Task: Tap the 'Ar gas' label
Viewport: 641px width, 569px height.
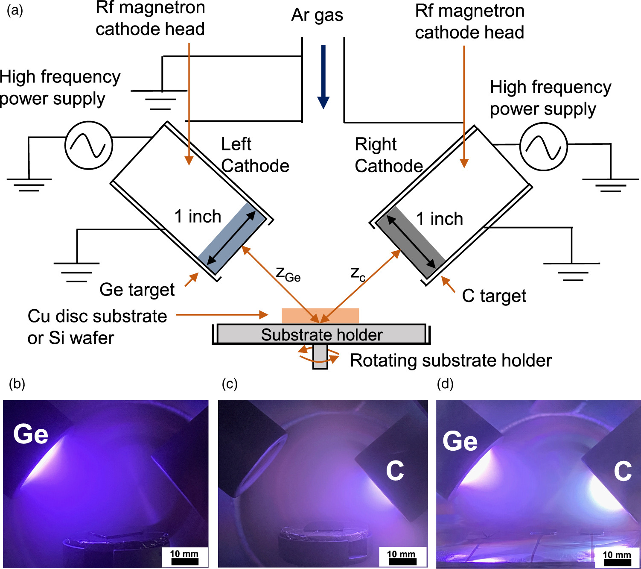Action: (317, 15)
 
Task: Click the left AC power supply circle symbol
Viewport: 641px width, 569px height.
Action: (89, 145)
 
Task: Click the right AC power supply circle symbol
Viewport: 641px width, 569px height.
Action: (543, 147)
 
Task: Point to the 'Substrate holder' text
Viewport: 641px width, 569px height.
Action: (322, 335)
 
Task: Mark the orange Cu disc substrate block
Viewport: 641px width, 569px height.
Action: (320, 315)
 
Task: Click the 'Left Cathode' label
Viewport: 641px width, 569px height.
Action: (255, 155)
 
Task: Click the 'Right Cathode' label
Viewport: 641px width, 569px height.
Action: (388, 155)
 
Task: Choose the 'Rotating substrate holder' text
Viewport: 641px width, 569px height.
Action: (451, 361)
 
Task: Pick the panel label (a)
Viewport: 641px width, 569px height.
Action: (15, 9)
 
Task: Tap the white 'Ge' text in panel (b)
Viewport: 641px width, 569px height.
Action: (31, 434)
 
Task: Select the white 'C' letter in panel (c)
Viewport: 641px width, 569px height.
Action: (395, 471)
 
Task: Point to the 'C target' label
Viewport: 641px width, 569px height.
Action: (494, 296)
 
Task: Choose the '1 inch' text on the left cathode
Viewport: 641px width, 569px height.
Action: (198, 217)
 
